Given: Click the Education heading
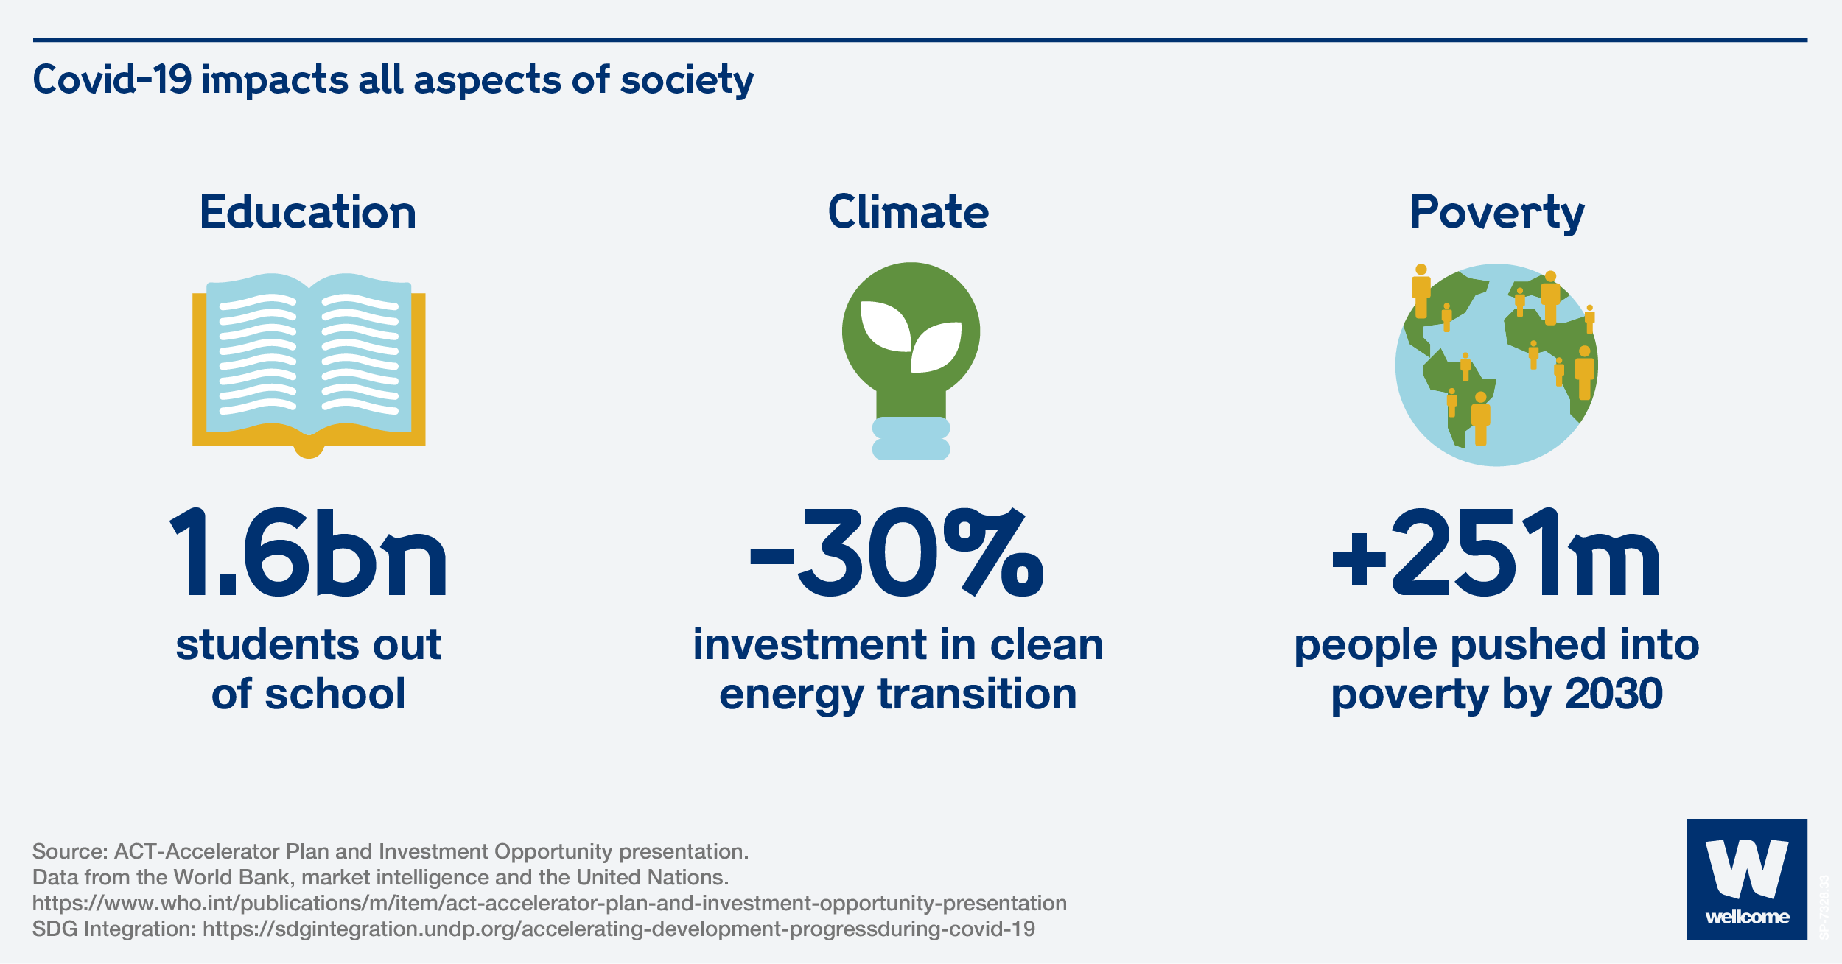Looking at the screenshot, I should [308, 212].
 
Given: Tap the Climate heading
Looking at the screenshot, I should [908, 212].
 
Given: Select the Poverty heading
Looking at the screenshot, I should [1496, 212].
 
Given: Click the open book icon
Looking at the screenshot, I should [309, 365].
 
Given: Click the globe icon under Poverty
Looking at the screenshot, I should [1496, 365].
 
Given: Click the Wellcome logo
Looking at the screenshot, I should [1746, 879].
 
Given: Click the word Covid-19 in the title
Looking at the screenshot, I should [112, 80].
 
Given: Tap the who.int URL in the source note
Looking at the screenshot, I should [549, 903].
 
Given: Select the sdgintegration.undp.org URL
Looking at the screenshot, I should [618, 929].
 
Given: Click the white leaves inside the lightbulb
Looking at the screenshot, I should [911, 335].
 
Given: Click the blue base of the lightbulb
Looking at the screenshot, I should [911, 439].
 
